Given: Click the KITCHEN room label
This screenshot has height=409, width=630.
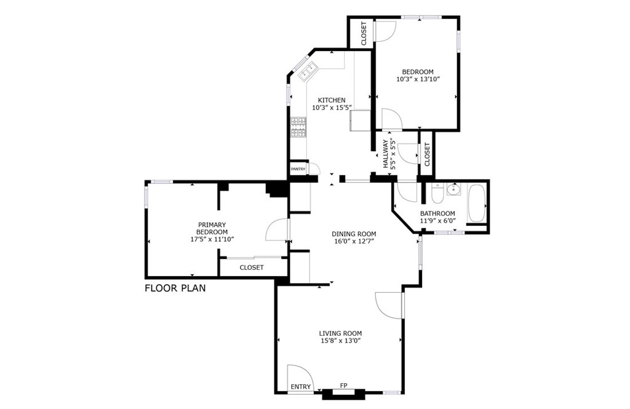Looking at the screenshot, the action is (x=332, y=100).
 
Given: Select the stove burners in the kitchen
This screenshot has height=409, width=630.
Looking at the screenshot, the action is (x=298, y=127).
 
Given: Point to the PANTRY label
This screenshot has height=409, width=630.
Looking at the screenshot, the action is (x=298, y=169).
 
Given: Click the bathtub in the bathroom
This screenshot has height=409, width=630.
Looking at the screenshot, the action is (x=477, y=203).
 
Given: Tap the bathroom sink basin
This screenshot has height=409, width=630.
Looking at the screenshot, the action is (x=455, y=189).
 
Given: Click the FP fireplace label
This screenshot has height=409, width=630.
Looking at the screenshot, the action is (x=343, y=386).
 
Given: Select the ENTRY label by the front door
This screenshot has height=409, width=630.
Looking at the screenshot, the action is (x=301, y=386).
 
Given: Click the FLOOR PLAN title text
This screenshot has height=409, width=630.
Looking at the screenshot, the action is (x=175, y=288).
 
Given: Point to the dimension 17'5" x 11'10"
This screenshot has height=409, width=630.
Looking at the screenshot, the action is (x=212, y=239).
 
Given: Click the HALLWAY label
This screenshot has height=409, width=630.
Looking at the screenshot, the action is (x=385, y=154).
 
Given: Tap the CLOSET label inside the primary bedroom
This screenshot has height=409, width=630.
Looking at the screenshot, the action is (x=252, y=268).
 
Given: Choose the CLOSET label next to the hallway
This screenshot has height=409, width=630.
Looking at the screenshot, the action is (x=427, y=154).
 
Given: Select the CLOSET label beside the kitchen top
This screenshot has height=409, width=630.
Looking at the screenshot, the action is (x=364, y=33).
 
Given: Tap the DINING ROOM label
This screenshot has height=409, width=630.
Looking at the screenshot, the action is (x=354, y=234).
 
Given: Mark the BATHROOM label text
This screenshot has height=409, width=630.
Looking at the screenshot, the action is (x=437, y=213).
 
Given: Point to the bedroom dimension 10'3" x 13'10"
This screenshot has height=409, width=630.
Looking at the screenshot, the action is (x=418, y=79).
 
